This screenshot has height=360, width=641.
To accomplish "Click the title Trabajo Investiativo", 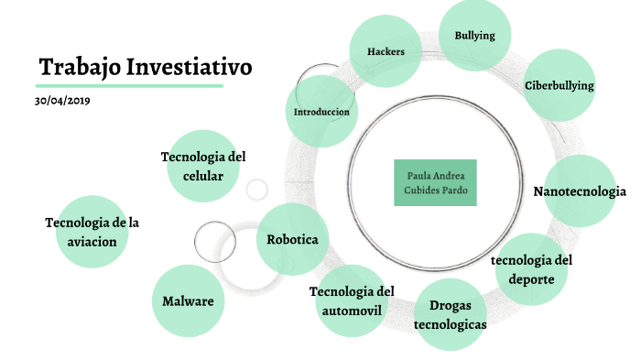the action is tap(145, 67).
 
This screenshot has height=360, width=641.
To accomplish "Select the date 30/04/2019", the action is tap(62, 100).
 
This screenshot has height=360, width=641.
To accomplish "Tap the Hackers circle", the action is tap(386, 51).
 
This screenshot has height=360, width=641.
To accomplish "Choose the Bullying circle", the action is tap(474, 36).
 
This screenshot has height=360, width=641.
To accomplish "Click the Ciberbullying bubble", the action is tap(560, 86).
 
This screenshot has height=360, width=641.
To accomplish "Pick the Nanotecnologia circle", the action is tap(580, 191).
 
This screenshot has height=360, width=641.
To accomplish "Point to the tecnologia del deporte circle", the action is tap(531, 268).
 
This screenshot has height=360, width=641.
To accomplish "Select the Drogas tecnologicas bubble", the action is tap(450, 313).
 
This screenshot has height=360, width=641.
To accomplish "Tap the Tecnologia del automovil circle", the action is tap(352, 300).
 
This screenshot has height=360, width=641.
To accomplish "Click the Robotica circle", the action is tap(292, 239).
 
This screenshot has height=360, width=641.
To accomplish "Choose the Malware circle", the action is tap(188, 300).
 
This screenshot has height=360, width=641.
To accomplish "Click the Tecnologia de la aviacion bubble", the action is tap(92, 231).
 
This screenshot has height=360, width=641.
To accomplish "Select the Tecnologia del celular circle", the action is tap(203, 165).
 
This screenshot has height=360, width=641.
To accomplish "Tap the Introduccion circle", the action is tap(321, 112).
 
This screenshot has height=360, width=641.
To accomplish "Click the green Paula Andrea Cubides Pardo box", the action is tap(435, 181).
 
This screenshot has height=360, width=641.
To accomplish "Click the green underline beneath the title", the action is tap(130, 86).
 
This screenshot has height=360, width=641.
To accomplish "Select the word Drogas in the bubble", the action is tap(450, 306).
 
